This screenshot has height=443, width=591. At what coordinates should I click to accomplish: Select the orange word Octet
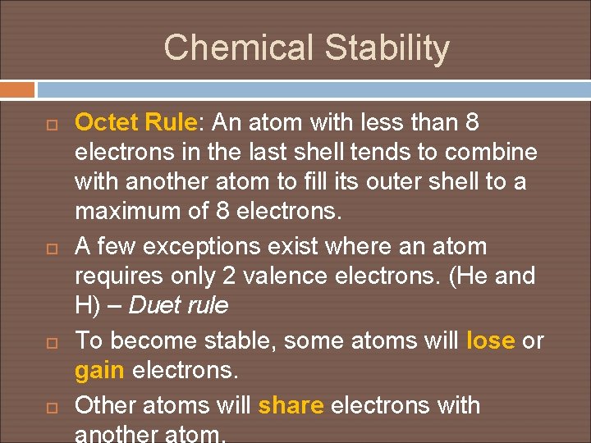pyautogui.click(x=107, y=123)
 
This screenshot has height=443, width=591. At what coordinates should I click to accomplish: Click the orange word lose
pyautogui.click(x=491, y=340)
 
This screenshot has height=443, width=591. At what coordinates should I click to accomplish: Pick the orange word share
pyautogui.click(x=291, y=405)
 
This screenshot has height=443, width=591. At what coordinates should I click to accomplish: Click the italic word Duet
pyautogui.click(x=156, y=306)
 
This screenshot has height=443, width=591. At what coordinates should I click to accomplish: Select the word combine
pyautogui.click(x=488, y=153)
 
